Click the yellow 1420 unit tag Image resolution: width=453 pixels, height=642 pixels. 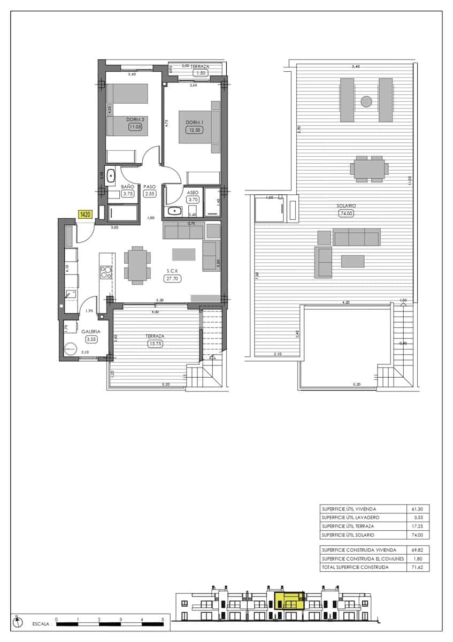[86, 215]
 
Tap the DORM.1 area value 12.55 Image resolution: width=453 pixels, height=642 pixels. [193, 131]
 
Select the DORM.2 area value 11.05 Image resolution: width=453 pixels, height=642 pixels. [135, 127]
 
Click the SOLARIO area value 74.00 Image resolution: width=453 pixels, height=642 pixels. [347, 213]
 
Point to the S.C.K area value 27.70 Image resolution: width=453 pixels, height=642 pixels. [173, 279]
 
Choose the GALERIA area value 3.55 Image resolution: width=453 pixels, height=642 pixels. [91, 339]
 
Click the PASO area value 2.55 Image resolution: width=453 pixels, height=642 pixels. [149, 194]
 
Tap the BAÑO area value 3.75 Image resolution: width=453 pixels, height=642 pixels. [127, 194]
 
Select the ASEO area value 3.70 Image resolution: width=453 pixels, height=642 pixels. [193, 200]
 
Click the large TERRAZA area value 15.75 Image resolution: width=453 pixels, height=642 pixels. [155, 343]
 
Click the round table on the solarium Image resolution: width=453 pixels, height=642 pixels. [366, 101]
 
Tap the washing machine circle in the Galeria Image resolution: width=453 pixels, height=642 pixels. [70, 350]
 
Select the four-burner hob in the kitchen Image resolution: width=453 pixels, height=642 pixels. [106, 273]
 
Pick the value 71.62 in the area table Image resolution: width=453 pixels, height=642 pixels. [417, 567]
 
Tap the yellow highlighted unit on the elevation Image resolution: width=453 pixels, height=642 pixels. [289, 601]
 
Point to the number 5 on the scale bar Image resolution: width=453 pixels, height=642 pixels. [163, 619]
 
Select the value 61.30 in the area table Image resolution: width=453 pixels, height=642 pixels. [417, 509]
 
